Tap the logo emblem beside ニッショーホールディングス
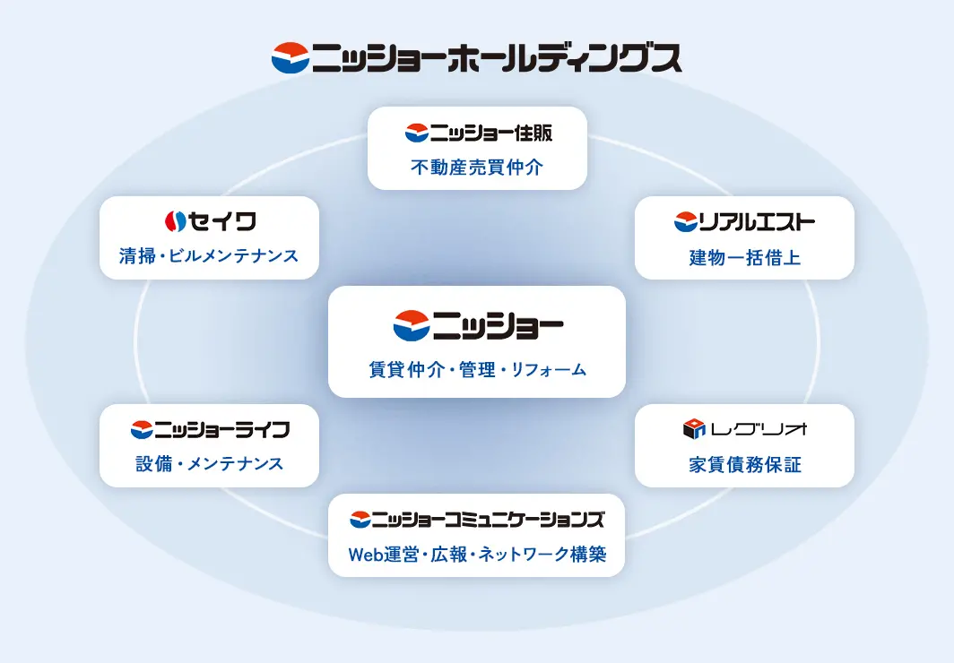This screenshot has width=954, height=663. point(290,57)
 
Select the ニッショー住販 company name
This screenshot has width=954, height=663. point(491,133)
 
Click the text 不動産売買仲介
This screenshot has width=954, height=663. point(477,167)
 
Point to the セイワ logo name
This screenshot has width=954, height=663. point(223,220)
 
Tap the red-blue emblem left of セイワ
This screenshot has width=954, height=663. point(175,220)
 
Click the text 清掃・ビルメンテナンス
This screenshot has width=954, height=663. point(209,256)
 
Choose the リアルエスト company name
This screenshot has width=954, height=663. point(757,221)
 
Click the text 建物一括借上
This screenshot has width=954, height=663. point(744,258)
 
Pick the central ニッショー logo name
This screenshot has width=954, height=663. point(498,325)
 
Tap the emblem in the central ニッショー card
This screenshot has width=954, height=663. point(412,325)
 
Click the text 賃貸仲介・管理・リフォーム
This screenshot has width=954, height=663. point(477,369)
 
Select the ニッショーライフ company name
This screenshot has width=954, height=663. point(222,429)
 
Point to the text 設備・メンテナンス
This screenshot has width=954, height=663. point(209,464)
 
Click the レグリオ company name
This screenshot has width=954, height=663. point(759,429)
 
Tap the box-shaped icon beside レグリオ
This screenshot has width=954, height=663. point(695,429)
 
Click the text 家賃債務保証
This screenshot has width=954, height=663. point(744,465)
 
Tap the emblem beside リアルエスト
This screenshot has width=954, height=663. point(686,221)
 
